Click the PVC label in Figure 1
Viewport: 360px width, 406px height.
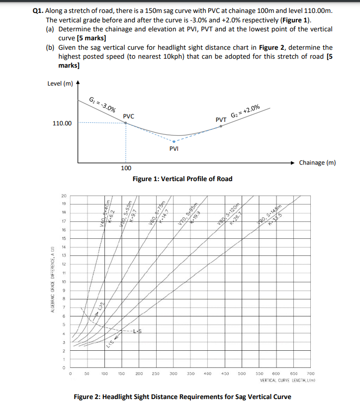pyautogui.click(x=128, y=116)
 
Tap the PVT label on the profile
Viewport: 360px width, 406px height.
pyautogui.click(x=221, y=119)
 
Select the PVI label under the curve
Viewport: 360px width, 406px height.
pyautogui.click(x=174, y=148)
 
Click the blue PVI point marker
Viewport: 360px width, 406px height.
pyautogui.click(x=174, y=141)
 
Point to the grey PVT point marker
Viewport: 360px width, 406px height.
pyautogui.click(x=221, y=126)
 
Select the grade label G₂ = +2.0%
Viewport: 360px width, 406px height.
pyautogui.click(x=245, y=111)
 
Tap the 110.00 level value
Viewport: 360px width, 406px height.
pyautogui.click(x=62, y=123)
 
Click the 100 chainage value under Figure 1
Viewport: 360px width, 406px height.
pyautogui.click(x=126, y=169)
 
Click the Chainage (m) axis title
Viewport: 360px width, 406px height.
pyautogui.click(x=317, y=163)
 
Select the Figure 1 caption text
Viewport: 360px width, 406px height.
pyautogui.click(x=182, y=179)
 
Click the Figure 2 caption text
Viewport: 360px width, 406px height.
pyautogui.click(x=182, y=397)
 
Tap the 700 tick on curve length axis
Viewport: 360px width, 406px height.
pyautogui.click(x=311, y=373)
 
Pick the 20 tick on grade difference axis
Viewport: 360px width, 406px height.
pyautogui.click(x=63, y=195)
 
